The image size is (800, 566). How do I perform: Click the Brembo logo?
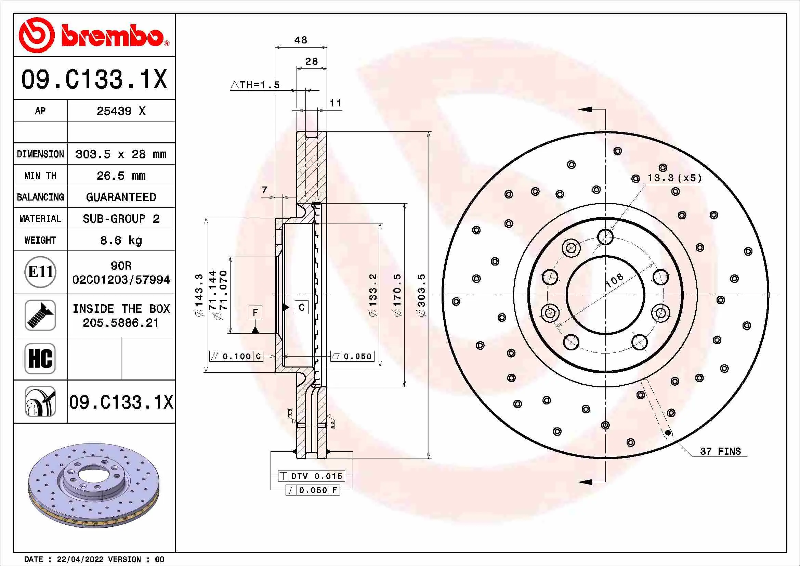tap(94, 35)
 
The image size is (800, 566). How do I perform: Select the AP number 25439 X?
tap(121, 111)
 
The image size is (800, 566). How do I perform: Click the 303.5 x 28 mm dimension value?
tap(121, 154)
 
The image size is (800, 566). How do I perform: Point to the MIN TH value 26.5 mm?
tap(121, 176)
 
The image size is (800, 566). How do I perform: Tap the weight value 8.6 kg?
tap(121, 240)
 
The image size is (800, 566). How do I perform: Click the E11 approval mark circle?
tap(40, 272)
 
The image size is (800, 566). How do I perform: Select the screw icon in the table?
tap(40, 315)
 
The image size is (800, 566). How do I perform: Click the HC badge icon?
tap(40, 358)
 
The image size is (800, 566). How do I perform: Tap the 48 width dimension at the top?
tap(301, 40)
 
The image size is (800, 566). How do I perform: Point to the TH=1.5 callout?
tap(255, 85)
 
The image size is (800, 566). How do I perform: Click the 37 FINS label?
tap(720, 451)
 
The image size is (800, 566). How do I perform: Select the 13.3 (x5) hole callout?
tap(674, 178)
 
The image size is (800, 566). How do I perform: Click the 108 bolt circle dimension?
tap(614, 280)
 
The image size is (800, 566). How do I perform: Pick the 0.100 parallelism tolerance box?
tap(236, 356)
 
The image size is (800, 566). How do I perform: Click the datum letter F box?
tap(255, 312)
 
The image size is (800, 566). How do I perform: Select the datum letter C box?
tap(301, 307)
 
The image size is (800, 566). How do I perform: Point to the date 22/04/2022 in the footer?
tap(80, 559)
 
